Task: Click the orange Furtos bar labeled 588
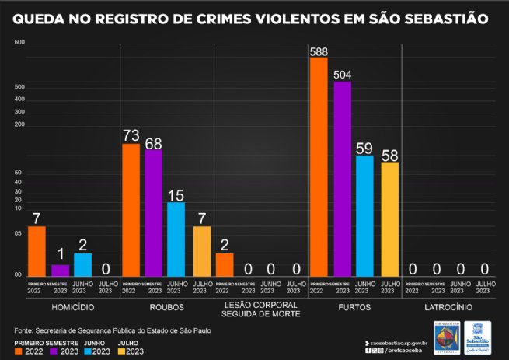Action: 318,167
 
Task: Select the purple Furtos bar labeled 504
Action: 342,179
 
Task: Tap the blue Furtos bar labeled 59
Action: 365,216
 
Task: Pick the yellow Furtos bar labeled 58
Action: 389,219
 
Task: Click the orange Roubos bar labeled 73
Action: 131,210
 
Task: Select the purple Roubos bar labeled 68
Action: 154,213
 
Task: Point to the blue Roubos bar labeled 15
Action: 176,239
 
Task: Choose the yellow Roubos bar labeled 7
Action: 201,251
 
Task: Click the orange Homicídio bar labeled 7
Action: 37,251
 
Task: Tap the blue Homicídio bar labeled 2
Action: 83,264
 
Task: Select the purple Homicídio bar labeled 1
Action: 60,271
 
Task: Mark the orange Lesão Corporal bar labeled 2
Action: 225,264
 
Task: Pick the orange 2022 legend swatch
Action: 19,351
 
